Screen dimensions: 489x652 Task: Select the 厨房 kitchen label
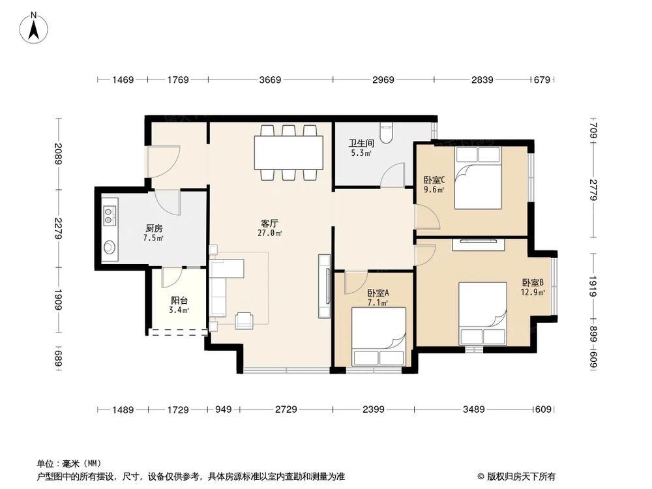click(154, 229)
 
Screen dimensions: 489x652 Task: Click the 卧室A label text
click(378, 294)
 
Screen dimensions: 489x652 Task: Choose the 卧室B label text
click(533, 283)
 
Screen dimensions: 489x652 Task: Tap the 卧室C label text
click(434, 181)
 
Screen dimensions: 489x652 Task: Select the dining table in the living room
click(288, 153)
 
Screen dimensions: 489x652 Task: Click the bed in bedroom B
click(482, 313)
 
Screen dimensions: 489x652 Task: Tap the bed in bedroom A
click(379, 336)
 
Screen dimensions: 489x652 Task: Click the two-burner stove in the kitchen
click(109, 215)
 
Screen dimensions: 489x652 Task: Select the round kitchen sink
click(110, 248)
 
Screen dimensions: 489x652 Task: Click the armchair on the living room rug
click(245, 319)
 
